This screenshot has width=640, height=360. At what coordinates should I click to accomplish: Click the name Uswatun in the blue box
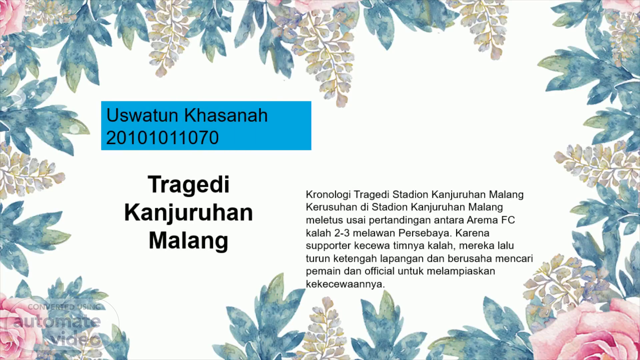tap(143, 115)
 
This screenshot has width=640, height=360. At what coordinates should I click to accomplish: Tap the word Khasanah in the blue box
tap(226, 115)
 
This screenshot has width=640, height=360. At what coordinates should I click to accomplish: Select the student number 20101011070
tap(162, 138)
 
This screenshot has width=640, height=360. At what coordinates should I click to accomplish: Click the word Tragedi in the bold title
tap(189, 185)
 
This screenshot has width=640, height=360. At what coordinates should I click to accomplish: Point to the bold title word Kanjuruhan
tap(189, 213)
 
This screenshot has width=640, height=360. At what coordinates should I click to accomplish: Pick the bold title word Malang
tap(189, 241)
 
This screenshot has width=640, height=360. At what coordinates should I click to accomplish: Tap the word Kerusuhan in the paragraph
tap(331, 207)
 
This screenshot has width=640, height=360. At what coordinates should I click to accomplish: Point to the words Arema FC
tap(491, 220)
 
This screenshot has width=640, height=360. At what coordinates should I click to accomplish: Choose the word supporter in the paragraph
tap(328, 246)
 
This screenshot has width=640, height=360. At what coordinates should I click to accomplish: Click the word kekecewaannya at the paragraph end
tap(345, 284)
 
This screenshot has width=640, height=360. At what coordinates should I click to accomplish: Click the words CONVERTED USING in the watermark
tap(64, 307)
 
